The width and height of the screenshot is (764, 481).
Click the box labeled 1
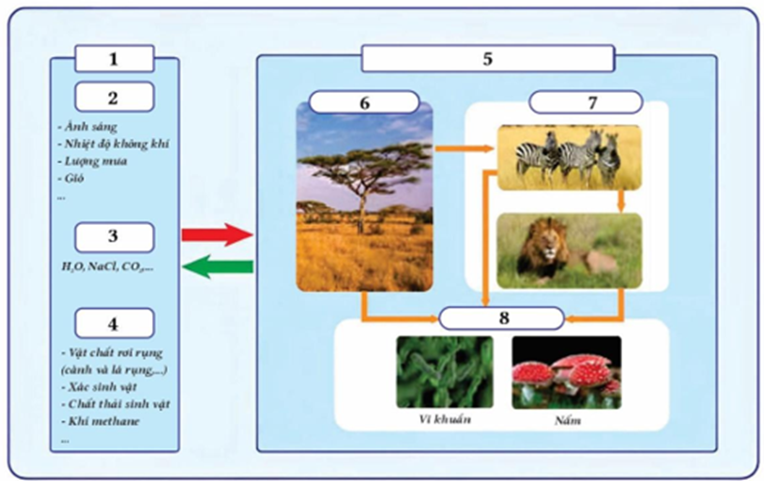(x=114, y=58)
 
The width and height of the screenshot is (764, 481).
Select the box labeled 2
(x=114, y=97)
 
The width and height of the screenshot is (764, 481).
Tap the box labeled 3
(x=114, y=237)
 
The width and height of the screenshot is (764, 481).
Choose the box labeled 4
(x=114, y=323)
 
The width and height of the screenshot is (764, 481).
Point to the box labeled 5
(x=486, y=58)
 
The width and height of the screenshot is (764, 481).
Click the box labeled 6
(x=364, y=102)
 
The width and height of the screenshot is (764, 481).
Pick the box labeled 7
(x=591, y=102)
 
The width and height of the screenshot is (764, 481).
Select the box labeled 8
(x=503, y=317)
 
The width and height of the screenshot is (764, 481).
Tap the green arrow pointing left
(x=217, y=268)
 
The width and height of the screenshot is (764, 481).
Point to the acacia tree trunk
(x=360, y=212)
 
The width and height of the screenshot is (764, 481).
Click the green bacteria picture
(x=444, y=372)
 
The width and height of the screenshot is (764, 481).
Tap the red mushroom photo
(x=566, y=372)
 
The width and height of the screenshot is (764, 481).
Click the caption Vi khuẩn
(x=445, y=419)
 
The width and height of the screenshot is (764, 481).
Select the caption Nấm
(x=567, y=420)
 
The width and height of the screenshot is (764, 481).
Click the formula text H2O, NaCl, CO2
(x=103, y=266)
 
